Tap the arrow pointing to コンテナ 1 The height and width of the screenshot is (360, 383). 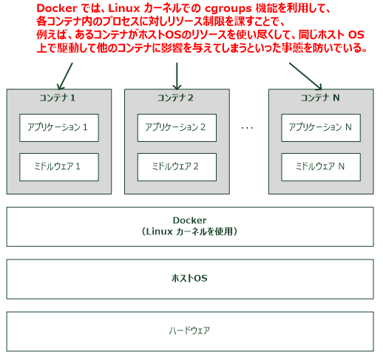click(65, 75)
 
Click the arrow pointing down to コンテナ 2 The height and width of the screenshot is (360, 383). click(177, 75)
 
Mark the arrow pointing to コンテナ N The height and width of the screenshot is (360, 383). click(304, 75)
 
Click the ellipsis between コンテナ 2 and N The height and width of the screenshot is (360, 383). click(247, 128)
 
